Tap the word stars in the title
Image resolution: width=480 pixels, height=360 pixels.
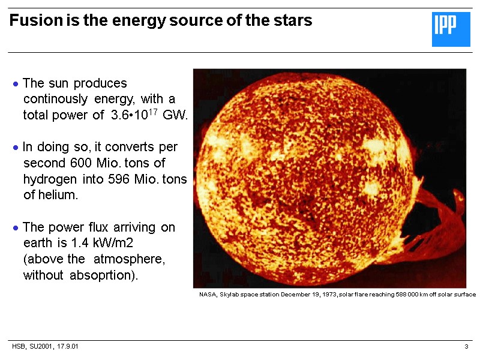click(x=295, y=20)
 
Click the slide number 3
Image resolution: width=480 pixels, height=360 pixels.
click(x=466, y=347)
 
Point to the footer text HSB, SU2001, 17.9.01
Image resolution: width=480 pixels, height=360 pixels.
click(x=46, y=347)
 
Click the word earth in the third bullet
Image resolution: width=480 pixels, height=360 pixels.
click(x=37, y=244)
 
